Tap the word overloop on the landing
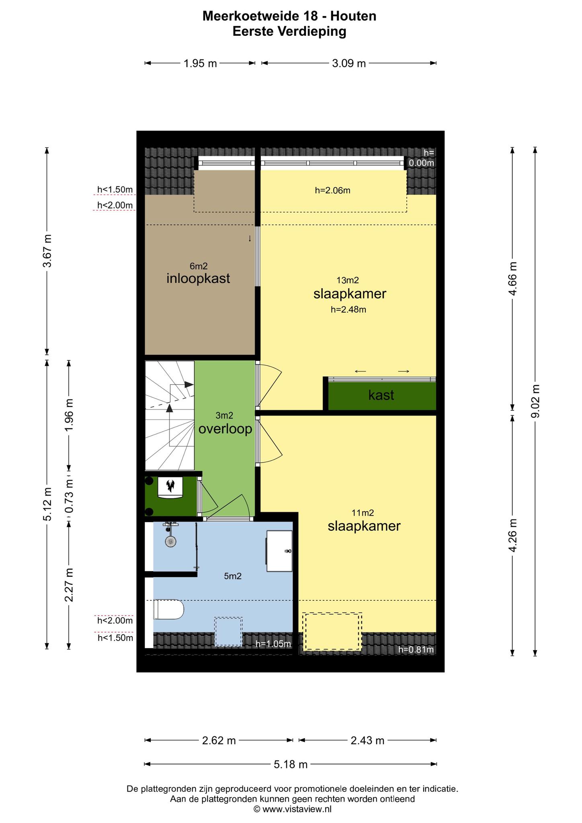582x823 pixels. click(225, 429)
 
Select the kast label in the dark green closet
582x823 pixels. click(381, 395)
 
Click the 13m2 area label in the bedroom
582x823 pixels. click(348, 280)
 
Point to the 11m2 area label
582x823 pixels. click(363, 513)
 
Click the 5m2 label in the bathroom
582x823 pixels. click(233, 576)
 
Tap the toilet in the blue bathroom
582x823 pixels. click(168, 610)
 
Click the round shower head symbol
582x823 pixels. click(171, 541)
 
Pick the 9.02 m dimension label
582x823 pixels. click(535, 401)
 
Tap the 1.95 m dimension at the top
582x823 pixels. click(200, 63)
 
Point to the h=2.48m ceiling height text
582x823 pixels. click(348, 309)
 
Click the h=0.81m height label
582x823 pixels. click(416, 649)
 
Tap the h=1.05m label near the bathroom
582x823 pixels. click(273, 644)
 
